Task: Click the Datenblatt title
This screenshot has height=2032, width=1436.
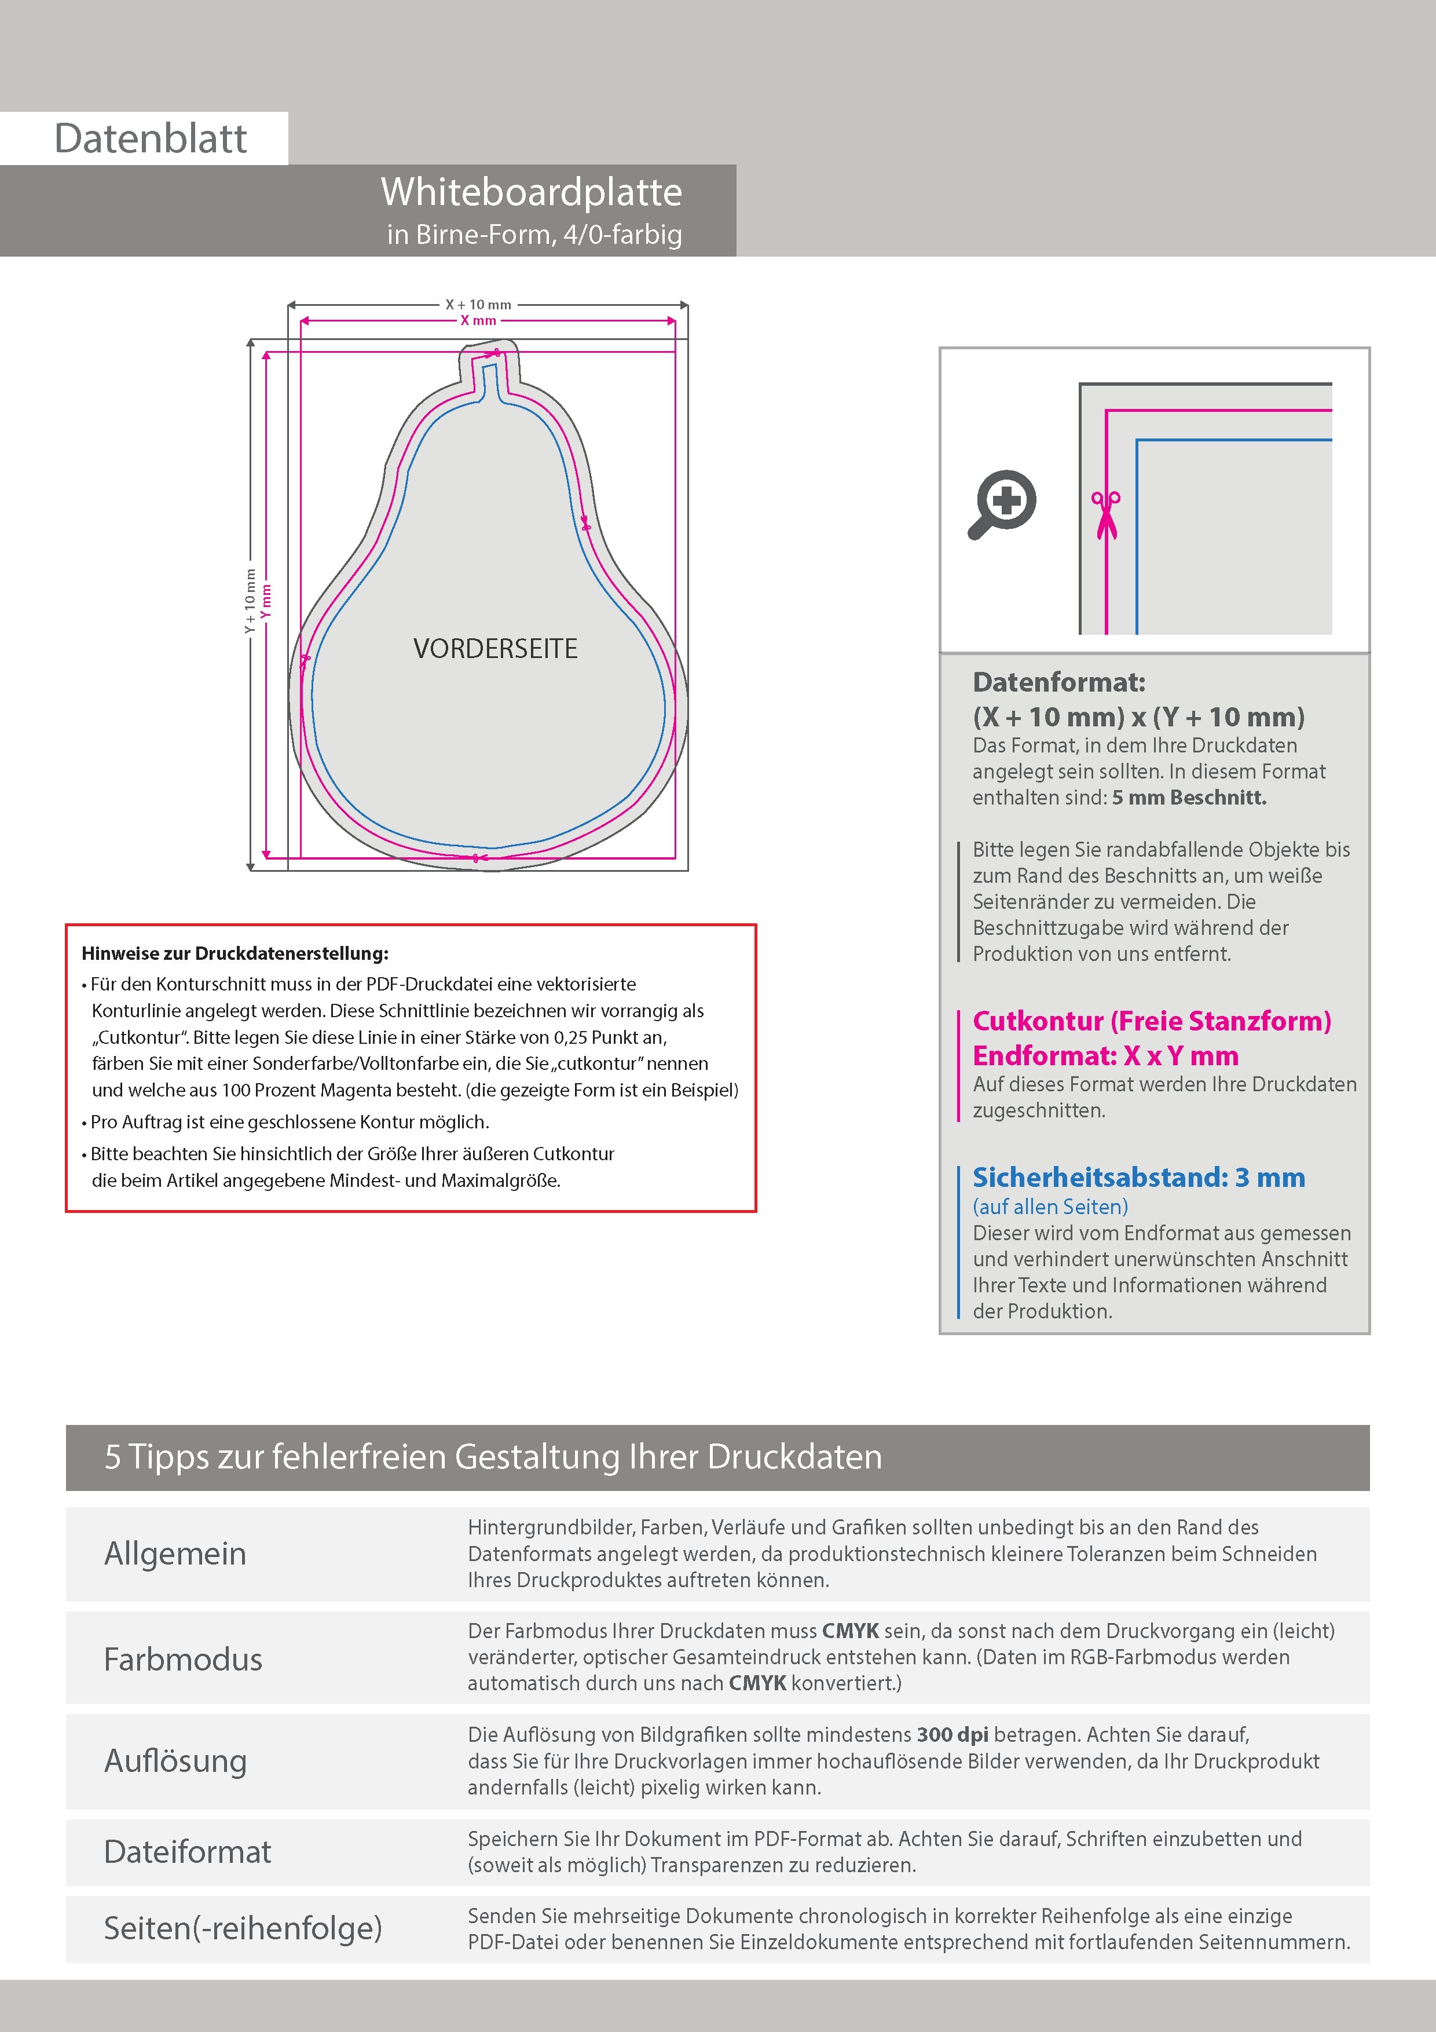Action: point(151,139)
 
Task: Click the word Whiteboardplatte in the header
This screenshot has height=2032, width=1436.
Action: point(531,193)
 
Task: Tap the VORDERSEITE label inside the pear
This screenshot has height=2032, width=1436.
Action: point(496,649)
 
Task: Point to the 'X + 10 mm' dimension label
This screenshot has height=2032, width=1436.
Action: point(478,305)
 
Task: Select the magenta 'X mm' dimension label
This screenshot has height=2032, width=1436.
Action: point(478,320)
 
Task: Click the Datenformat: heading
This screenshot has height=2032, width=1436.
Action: point(1058,682)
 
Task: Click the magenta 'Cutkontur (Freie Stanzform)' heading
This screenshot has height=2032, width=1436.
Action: point(1151,1021)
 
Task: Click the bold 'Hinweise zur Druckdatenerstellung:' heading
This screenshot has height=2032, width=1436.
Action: point(235,954)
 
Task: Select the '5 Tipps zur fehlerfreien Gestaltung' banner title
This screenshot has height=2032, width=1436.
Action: point(493,1457)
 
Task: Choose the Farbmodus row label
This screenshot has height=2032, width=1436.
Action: point(183,1660)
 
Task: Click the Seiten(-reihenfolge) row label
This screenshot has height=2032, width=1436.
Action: point(243,1928)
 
